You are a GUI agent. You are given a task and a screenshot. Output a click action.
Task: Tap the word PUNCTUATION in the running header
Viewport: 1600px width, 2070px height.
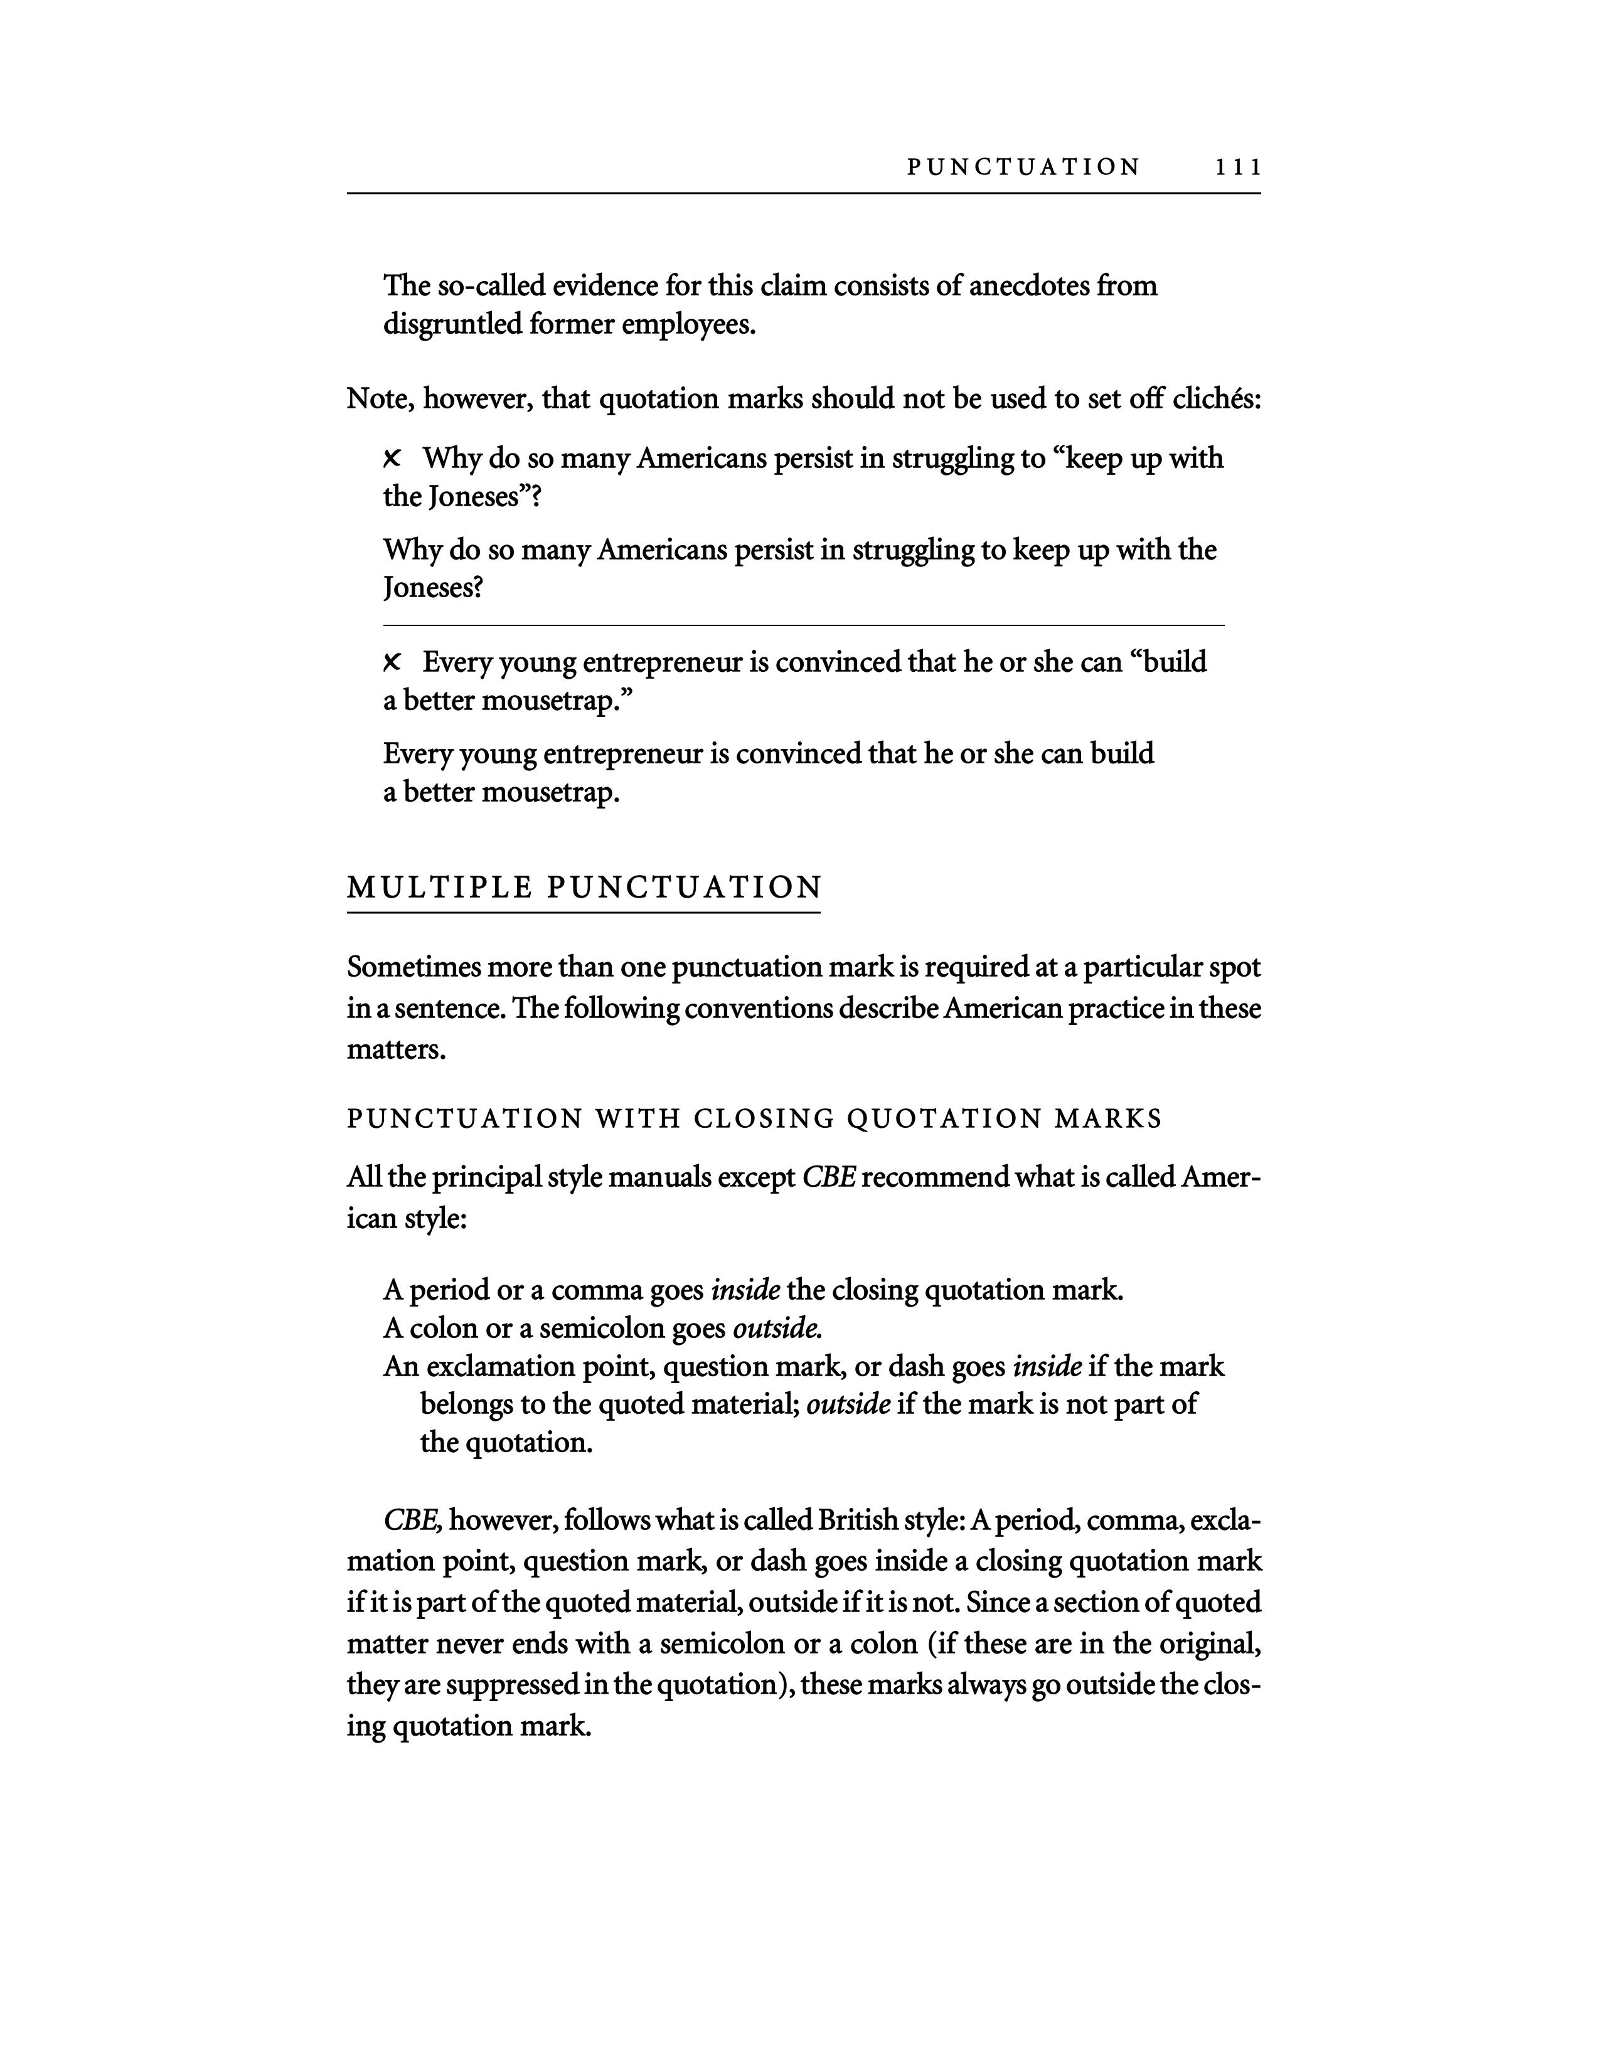pos(1024,167)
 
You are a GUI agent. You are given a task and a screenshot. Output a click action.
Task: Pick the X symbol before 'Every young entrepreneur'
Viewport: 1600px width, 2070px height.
pos(392,662)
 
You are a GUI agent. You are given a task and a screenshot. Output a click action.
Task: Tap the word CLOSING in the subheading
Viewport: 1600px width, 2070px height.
pos(764,1119)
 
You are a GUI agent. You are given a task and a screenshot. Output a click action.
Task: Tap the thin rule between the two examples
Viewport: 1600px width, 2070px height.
pos(803,625)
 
